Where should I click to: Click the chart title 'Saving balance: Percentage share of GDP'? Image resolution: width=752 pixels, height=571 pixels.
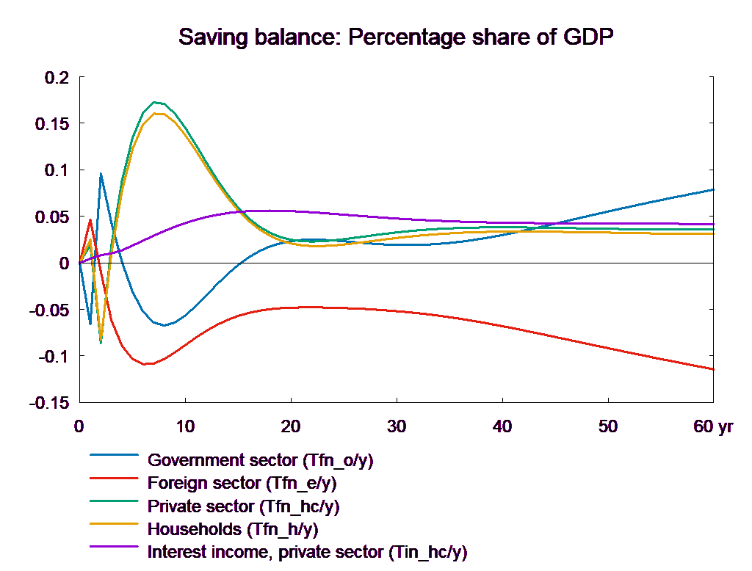click(396, 37)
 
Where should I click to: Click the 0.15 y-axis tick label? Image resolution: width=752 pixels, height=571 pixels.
click(52, 124)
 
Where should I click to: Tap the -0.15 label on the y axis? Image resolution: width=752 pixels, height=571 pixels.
click(49, 403)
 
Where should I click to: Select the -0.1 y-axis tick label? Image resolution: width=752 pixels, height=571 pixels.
click(52, 357)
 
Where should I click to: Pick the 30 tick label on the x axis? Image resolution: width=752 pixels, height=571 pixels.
click(397, 426)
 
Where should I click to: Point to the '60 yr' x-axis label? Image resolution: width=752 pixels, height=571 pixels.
click(713, 426)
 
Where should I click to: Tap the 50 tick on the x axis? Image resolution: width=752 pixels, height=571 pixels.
click(609, 426)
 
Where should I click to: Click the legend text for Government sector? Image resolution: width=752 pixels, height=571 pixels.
click(261, 461)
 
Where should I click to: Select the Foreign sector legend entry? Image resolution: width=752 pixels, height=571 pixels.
click(242, 484)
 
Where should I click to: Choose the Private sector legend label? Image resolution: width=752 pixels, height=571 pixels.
click(244, 506)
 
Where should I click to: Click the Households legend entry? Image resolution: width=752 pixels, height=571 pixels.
click(234, 529)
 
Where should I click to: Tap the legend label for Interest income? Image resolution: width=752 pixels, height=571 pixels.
click(307, 551)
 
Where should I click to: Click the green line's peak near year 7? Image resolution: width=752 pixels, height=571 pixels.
click(154, 102)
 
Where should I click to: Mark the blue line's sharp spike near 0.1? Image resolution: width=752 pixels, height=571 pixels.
click(101, 174)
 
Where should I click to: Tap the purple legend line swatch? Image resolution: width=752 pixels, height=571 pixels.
click(115, 547)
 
